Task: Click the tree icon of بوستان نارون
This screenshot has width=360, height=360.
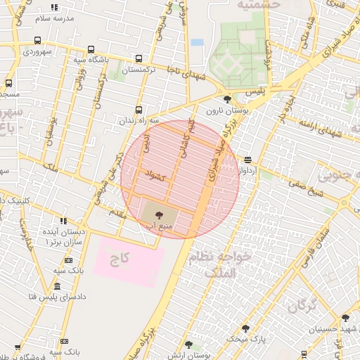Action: [x=226, y=100]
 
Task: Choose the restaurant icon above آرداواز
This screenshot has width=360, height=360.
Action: [x=247, y=160]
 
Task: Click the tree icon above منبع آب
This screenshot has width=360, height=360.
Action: [x=157, y=205]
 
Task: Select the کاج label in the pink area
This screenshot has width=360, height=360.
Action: [x=120, y=259]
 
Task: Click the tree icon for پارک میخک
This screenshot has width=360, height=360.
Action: [x=245, y=328]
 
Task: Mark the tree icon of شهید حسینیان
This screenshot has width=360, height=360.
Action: [x=345, y=318]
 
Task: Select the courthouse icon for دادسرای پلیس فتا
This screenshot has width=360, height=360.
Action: [x=57, y=286]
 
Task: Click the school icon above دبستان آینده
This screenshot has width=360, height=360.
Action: [x=63, y=221]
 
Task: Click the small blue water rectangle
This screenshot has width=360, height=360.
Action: [x=197, y=42]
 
